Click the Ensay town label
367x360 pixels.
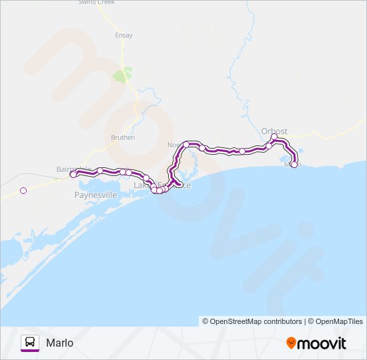pos(124,35)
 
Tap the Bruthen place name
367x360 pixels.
pos(123,137)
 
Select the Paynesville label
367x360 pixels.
pos(95,195)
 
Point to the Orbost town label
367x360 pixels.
pos(274,131)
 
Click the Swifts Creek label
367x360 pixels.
pos(97,3)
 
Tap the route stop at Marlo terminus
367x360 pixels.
pos(294,165)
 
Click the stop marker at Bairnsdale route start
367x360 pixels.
pos(73,174)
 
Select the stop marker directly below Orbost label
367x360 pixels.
pos(274,137)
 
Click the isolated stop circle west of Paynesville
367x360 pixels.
pos(23,191)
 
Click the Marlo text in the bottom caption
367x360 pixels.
pos(60,343)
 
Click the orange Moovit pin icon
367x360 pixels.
pos(291,343)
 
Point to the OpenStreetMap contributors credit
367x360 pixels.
pos(252,321)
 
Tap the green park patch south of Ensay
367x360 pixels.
pos(122,75)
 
